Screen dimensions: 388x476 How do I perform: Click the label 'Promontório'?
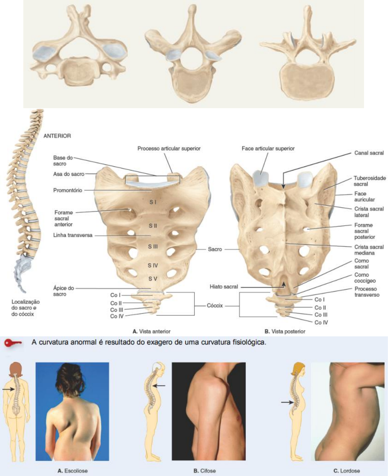click(67, 190)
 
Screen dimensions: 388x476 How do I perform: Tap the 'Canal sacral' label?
click(369, 153)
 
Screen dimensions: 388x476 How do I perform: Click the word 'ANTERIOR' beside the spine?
click(57, 136)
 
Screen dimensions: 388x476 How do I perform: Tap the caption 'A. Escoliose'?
click(73, 471)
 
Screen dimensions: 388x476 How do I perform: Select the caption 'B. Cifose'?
click(205, 471)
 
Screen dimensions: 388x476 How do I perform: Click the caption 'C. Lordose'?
click(346, 471)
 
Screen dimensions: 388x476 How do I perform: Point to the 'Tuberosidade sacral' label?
click(369, 181)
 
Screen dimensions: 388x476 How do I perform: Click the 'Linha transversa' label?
click(73, 235)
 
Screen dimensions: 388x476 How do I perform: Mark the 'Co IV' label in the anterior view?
click(117, 316)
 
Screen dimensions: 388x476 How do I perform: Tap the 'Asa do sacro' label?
click(69, 174)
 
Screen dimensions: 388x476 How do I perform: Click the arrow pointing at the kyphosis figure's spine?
click(160, 386)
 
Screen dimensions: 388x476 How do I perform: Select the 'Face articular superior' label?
click(268, 149)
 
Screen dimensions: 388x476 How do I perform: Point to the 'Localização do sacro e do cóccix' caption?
click(26, 308)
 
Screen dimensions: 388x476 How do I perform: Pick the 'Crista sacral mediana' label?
click(369, 250)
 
